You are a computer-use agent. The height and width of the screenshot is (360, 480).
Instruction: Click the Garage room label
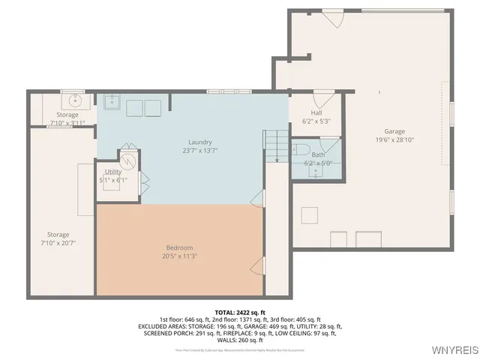coord(394,131)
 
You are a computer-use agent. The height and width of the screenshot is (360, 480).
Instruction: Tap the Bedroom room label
coord(179,247)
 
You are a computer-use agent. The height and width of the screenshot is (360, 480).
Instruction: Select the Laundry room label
coord(199,142)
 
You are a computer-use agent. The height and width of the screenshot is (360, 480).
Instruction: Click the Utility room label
coord(113,172)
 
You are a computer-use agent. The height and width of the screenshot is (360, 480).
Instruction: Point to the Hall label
coord(316,112)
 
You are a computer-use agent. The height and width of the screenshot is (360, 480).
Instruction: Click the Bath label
coord(318,154)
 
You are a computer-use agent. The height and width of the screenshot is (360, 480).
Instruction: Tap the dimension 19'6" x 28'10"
coord(394,139)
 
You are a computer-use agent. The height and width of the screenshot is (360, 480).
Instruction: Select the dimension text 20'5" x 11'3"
coord(179,256)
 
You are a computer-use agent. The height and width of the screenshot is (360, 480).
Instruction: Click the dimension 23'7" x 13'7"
coord(199,150)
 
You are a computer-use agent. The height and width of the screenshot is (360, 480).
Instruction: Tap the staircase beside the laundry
coord(275,143)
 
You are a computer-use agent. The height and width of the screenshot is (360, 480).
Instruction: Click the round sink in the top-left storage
coord(75,100)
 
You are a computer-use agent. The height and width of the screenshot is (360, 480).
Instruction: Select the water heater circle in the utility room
coord(128,159)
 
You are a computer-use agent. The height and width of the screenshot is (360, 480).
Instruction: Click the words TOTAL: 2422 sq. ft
coord(240,312)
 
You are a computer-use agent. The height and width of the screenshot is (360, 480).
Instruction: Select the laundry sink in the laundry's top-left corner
coord(111,101)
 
